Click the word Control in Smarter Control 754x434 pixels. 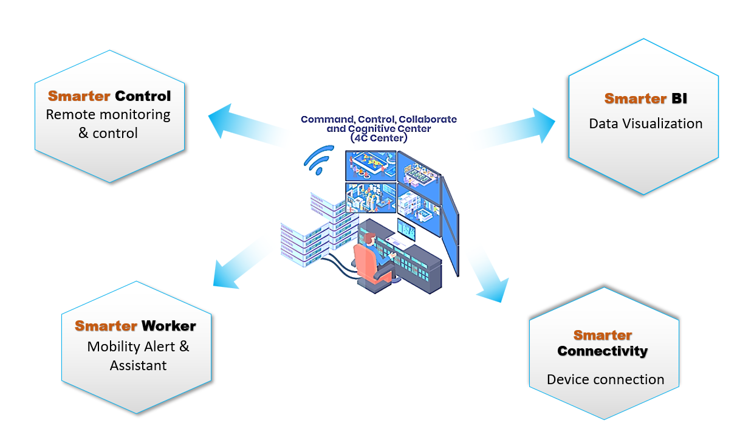click(143, 96)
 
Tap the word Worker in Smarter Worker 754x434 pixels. click(169, 326)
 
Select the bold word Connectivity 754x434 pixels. click(603, 351)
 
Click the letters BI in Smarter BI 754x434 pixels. click(679, 98)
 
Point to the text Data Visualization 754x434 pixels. click(646, 123)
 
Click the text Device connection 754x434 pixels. click(606, 379)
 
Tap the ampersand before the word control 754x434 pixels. click(83, 133)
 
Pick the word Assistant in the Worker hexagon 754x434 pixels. click(138, 365)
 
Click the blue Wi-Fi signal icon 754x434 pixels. click(318, 160)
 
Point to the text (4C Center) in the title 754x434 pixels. click(379, 138)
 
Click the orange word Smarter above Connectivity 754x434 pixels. click(603, 336)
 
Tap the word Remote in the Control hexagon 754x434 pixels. click(69, 114)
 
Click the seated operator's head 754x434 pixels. click(370, 239)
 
